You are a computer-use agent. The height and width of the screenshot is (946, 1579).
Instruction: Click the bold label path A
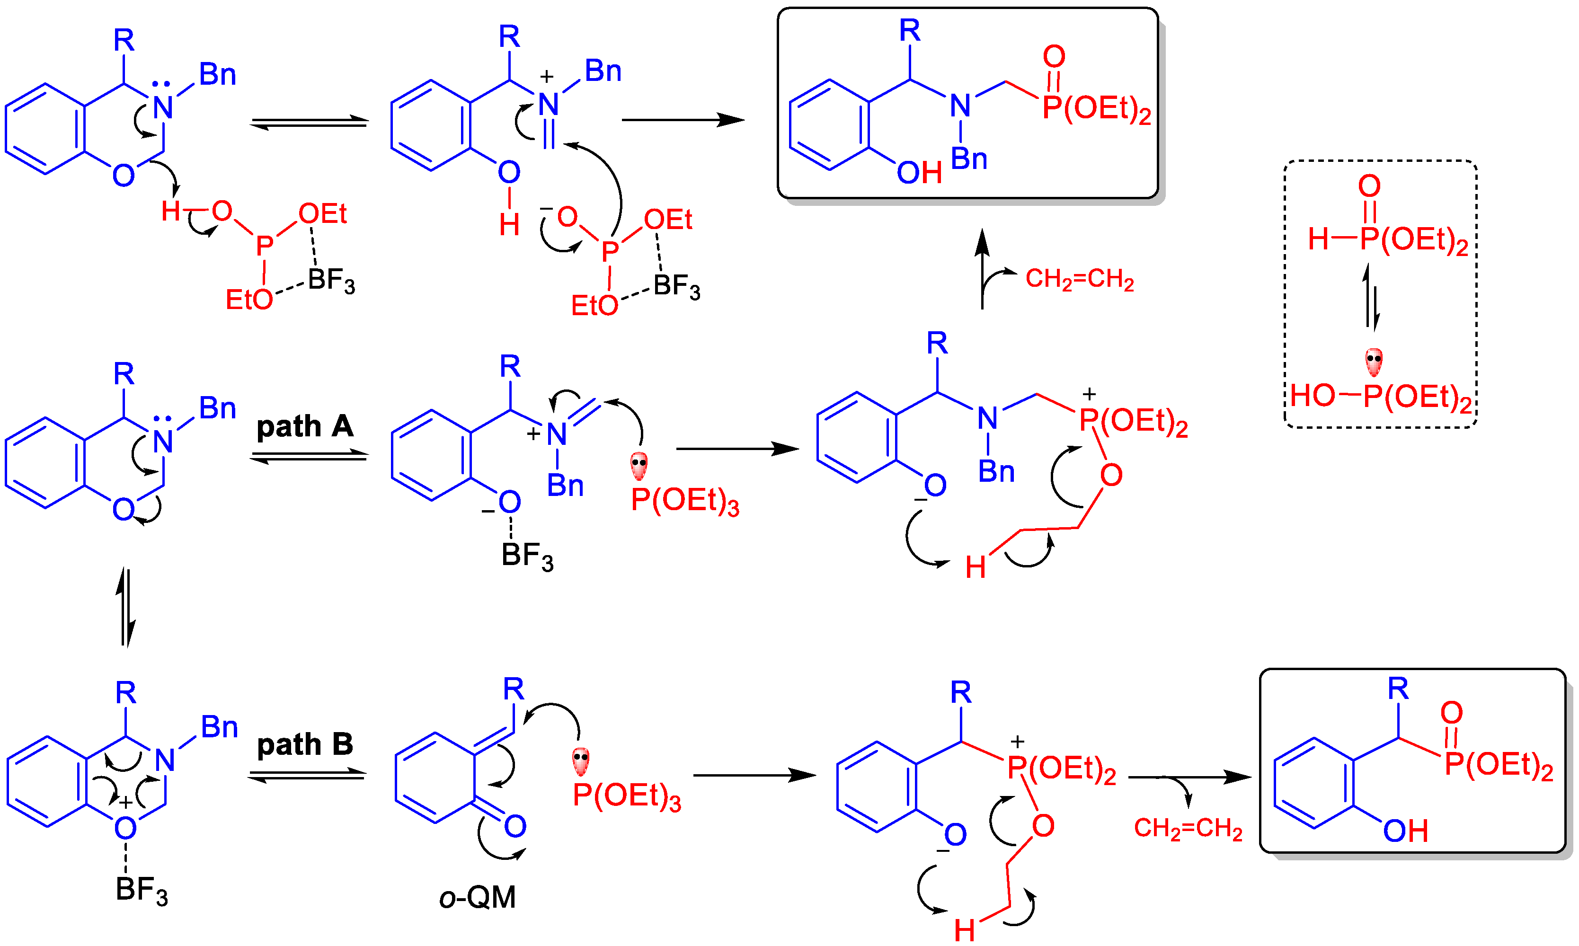(305, 426)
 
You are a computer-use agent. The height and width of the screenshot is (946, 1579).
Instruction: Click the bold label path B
(305, 744)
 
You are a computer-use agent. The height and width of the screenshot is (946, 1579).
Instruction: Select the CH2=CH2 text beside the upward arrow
(1079, 279)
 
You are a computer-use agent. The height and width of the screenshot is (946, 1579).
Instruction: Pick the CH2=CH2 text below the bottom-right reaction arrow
(1188, 829)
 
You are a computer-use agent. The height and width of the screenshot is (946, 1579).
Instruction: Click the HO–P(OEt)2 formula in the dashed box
(1380, 397)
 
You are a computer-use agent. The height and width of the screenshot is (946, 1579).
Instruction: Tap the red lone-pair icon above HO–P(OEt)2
(1374, 362)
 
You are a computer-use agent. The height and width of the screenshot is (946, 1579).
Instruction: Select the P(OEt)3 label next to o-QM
(627, 796)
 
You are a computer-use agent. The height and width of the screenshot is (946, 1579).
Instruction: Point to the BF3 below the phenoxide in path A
(527, 556)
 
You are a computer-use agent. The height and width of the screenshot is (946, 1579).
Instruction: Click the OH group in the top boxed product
(919, 172)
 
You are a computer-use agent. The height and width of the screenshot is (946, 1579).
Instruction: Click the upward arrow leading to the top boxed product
(982, 268)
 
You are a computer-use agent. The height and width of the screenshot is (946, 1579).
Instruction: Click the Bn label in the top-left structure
(217, 75)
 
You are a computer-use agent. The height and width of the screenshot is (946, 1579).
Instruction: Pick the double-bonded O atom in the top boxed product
(1054, 56)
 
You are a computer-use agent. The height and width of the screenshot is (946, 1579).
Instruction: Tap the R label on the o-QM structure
(513, 689)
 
